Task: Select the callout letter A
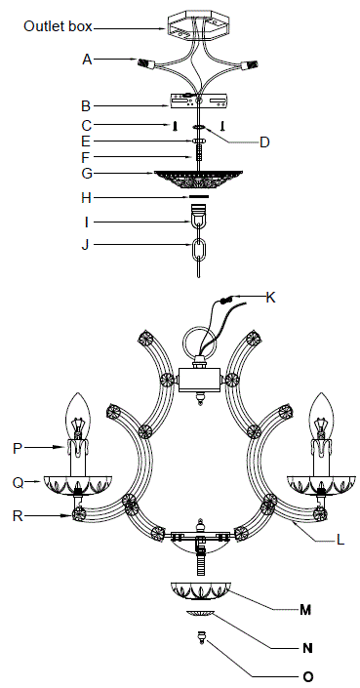click(x=87, y=59)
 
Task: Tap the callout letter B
click(x=86, y=104)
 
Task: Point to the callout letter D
click(x=263, y=142)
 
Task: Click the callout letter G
click(x=87, y=175)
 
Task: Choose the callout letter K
click(x=270, y=297)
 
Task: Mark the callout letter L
click(x=311, y=538)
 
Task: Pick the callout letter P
click(x=18, y=448)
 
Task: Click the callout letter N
click(x=305, y=645)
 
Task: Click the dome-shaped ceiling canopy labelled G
click(x=198, y=179)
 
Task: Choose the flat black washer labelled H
click(x=199, y=197)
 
